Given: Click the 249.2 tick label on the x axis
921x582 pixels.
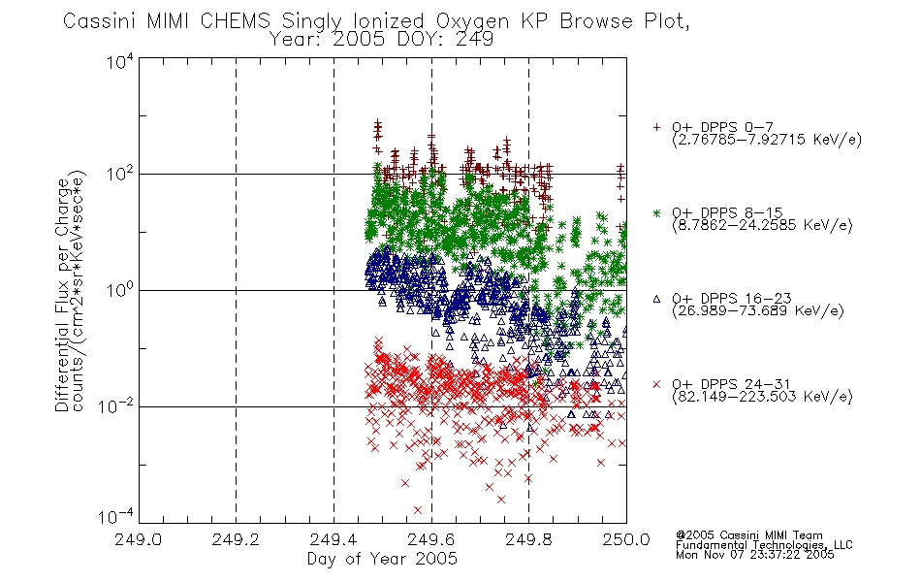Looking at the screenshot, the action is click(x=236, y=539).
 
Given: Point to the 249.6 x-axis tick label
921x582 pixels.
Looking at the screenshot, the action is click(x=431, y=539).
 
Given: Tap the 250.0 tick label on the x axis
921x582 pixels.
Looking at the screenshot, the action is click(x=626, y=539).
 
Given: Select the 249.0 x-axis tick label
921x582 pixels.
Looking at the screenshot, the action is click(x=138, y=539).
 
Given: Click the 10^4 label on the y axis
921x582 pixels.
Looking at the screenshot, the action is click(x=120, y=61).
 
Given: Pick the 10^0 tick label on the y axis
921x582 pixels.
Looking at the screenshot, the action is click(x=120, y=290).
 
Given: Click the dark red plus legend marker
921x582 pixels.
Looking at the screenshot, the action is click(x=656, y=127).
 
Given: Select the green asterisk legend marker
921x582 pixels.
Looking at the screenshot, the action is click(x=656, y=212).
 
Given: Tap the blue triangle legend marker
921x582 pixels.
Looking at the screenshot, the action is click(x=656, y=299).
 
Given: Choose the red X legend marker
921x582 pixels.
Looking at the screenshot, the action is click(x=656, y=384).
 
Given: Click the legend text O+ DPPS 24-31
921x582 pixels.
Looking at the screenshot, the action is click(x=731, y=384).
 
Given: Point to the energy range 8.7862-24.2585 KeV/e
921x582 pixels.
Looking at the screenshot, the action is click(x=762, y=225).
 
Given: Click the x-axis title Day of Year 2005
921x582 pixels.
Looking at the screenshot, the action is click(x=382, y=559).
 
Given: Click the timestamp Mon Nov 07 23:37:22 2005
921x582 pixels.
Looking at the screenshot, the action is click(x=754, y=555).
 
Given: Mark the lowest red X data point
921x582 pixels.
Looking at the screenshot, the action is click(x=418, y=509).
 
